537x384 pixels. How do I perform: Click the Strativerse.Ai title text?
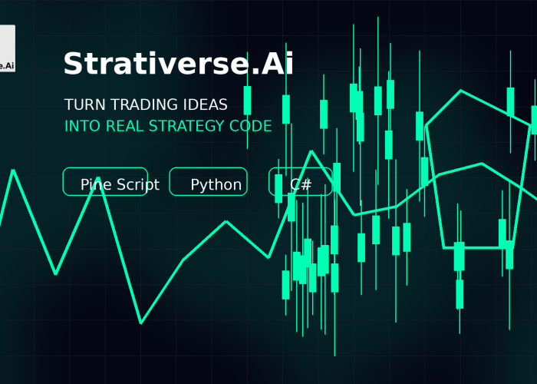[179, 64]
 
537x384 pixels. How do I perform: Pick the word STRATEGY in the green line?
[186, 126]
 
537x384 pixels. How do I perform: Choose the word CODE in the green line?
[251, 126]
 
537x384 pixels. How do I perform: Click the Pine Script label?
[120, 185]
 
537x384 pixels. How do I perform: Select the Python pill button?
[208, 181]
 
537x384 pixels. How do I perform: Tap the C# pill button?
[301, 181]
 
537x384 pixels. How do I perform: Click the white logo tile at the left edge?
[7, 48]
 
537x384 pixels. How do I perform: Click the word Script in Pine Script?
[138, 185]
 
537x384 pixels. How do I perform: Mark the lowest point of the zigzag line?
[140, 323]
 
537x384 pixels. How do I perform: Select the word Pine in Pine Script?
[96, 184]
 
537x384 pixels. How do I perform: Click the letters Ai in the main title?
[278, 64]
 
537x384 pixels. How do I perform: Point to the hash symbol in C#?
[307, 184]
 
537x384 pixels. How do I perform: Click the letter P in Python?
[195, 184]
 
